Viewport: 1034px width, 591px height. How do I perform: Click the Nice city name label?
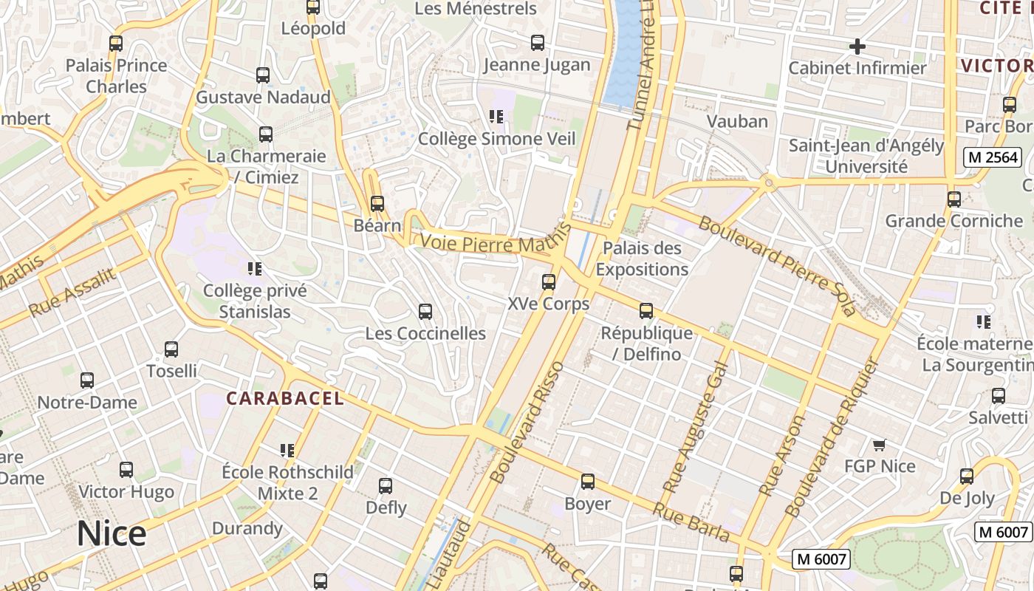point(112,533)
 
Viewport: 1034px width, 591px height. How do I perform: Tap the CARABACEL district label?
point(285,399)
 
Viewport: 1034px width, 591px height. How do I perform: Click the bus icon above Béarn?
point(377,203)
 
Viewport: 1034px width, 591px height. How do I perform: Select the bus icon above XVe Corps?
point(548,281)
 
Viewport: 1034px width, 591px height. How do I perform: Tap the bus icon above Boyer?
point(587,482)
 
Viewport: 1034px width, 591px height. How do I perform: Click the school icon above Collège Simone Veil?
point(496,116)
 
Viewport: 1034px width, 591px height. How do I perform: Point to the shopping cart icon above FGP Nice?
point(879,445)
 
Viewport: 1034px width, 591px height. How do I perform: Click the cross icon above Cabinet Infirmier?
point(857,47)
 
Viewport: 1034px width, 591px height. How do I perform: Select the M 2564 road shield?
point(993,157)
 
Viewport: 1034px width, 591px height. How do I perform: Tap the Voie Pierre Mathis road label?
point(487,243)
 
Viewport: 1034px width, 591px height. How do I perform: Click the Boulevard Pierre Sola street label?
point(777,264)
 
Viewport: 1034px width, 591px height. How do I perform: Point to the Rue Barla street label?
point(691,522)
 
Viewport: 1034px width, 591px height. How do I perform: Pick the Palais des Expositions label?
point(642,259)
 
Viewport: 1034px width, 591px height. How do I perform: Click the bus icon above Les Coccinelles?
point(425,312)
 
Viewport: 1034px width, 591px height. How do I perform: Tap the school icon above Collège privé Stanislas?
point(255,269)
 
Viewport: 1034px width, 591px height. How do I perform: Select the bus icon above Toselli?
point(171,349)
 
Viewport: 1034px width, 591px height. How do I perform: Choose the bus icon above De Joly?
point(967,476)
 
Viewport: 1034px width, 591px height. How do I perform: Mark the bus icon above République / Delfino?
point(646,311)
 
